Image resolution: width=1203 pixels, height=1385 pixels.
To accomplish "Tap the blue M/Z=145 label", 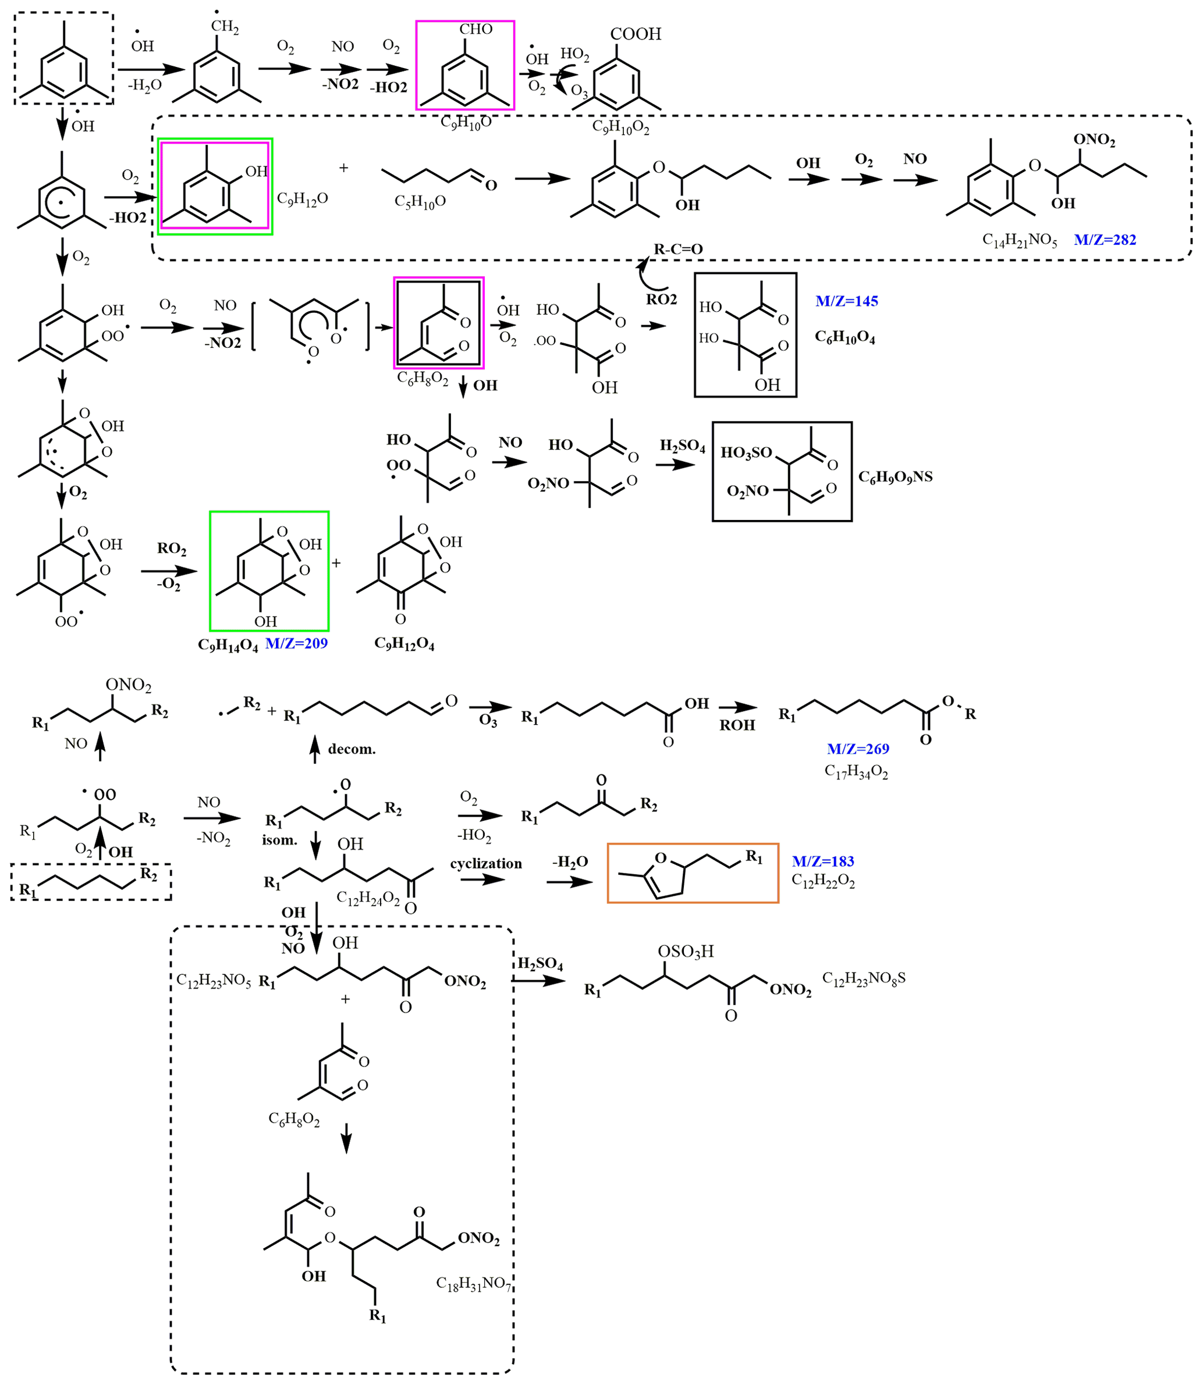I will pyautogui.click(x=847, y=301).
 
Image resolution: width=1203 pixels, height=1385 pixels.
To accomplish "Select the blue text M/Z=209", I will pyautogui.click(x=296, y=643).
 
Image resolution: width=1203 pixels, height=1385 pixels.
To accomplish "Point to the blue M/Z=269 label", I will pyautogui.click(x=858, y=748).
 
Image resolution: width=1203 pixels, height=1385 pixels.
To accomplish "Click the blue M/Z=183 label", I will pyautogui.click(x=823, y=861).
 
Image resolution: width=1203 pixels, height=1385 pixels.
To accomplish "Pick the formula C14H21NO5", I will pyautogui.click(x=1019, y=240).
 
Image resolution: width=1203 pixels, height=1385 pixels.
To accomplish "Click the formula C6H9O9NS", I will pyautogui.click(x=896, y=476).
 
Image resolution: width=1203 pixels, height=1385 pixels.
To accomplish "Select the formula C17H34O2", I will pyautogui.click(x=856, y=772).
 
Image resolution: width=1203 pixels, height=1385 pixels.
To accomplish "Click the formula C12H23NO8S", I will pyautogui.click(x=864, y=978).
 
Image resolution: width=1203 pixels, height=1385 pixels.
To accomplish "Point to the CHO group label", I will pyautogui.click(x=475, y=29).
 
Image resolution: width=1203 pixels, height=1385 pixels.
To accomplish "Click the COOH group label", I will pyautogui.click(x=636, y=34).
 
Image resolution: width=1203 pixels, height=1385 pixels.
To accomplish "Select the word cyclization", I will pyautogui.click(x=486, y=863).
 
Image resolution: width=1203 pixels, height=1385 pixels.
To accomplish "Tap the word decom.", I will pyautogui.click(x=352, y=749).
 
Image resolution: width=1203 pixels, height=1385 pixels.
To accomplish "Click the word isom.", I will pyautogui.click(x=279, y=839).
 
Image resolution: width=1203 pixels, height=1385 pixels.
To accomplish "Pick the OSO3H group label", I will pyautogui.click(x=686, y=951).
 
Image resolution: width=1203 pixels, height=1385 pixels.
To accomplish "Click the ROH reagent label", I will pyautogui.click(x=737, y=725).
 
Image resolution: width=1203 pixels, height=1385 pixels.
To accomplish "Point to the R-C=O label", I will pyautogui.click(x=678, y=249).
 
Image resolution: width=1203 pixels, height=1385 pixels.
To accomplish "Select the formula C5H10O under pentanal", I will pyautogui.click(x=420, y=201).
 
